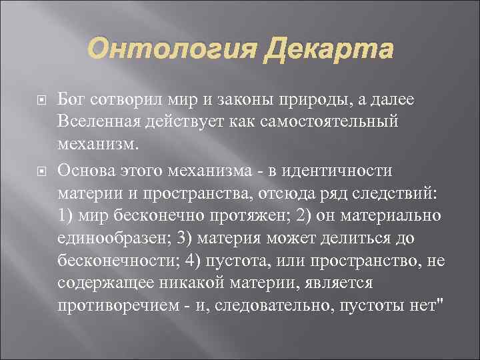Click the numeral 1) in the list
[67, 217]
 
